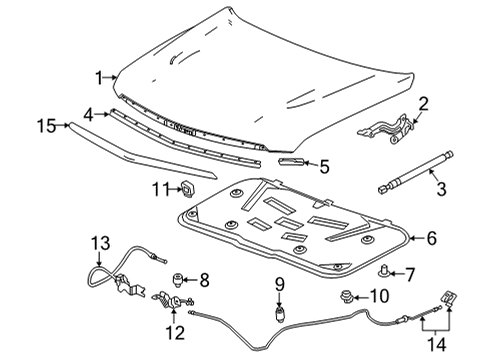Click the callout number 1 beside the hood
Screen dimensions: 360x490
point(99,77)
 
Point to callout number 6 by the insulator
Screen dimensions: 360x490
point(460,238)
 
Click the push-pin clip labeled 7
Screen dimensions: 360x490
point(385,271)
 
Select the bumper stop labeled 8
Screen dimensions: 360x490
point(180,279)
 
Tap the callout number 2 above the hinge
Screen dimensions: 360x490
point(422,103)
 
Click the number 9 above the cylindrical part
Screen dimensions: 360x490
point(281,283)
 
